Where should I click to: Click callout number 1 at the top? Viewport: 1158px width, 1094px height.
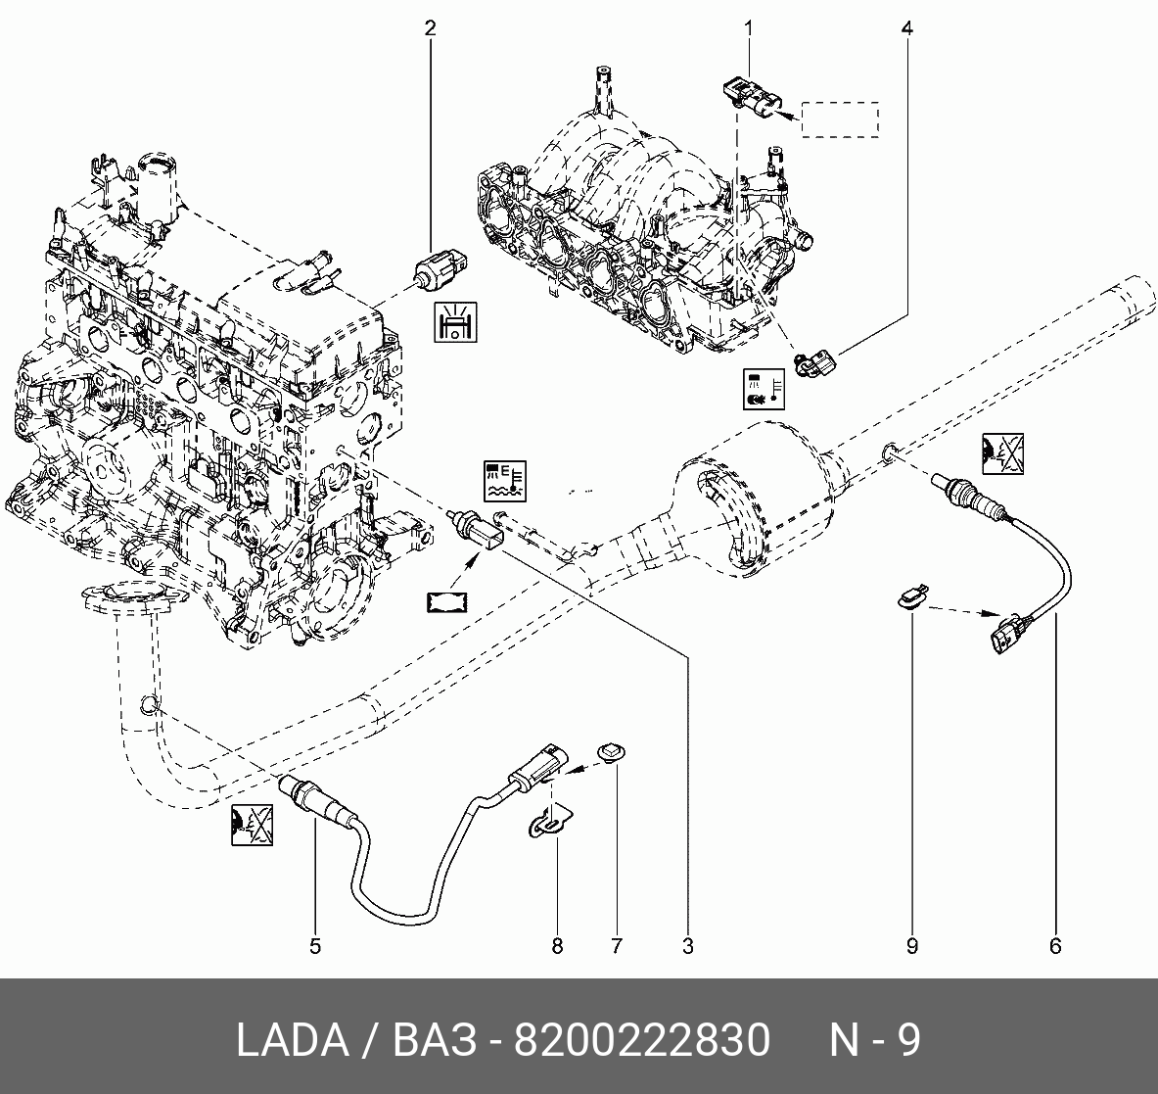(748, 28)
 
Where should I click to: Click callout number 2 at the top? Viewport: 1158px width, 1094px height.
(430, 28)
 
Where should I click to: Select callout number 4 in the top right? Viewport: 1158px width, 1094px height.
(906, 28)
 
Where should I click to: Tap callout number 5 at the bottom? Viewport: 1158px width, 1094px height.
(315, 946)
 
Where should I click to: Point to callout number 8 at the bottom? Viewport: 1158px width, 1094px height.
(557, 946)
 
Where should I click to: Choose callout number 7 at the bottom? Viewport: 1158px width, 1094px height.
(616, 946)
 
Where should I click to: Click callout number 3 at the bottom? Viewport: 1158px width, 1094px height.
(687, 946)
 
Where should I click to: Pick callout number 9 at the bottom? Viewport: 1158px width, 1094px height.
(912, 946)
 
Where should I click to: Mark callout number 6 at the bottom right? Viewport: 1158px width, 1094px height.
(1055, 946)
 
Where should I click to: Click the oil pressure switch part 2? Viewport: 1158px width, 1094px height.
(440, 267)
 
